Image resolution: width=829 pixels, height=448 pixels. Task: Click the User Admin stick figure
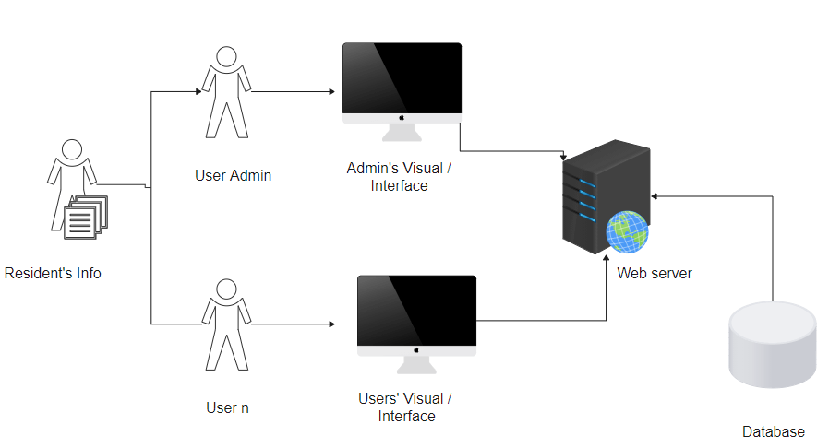225,92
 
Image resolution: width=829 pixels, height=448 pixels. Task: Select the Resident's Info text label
53,273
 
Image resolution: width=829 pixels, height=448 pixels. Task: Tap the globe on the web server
627,230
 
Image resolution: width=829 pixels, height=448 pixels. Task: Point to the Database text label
774,431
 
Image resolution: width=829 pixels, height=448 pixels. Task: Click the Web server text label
655,273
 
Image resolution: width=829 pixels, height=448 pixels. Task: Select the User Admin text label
234,175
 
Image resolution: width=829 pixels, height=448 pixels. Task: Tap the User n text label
227,407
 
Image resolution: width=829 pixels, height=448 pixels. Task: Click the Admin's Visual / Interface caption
400,177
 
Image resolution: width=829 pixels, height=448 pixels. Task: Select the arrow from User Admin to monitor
291,92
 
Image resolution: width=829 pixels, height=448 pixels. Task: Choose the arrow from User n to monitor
291,324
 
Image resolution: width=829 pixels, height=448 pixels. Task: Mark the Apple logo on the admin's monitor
402,118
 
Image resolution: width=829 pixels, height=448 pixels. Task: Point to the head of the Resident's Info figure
71,148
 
